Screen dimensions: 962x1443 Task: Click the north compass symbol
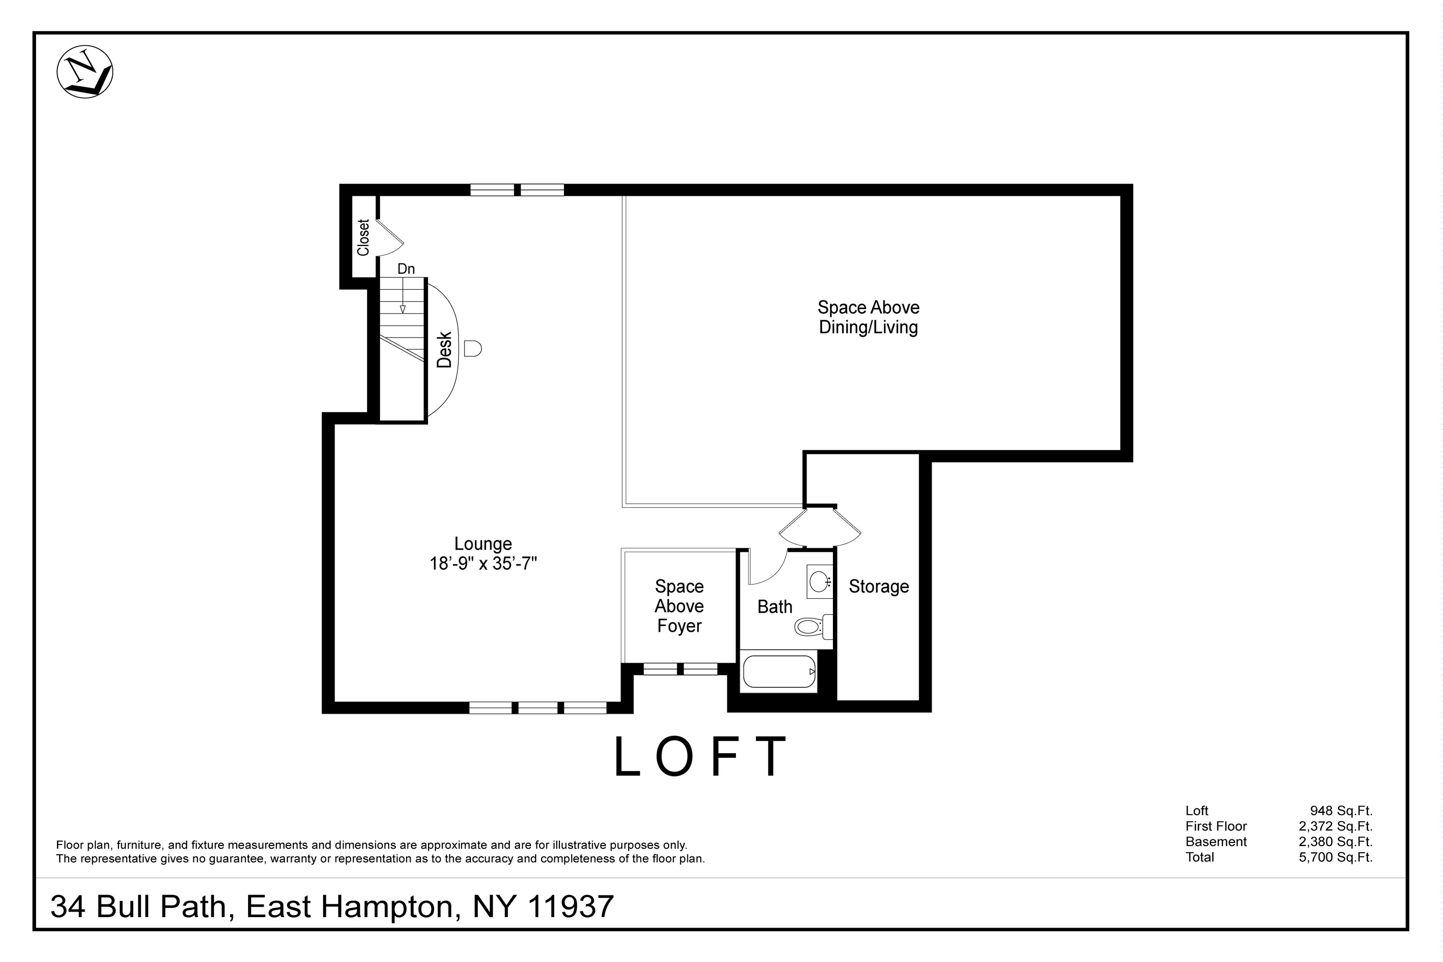(85, 72)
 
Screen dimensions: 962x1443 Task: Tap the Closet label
(363, 238)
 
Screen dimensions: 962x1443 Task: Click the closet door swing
(389, 238)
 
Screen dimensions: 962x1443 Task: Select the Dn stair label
(406, 269)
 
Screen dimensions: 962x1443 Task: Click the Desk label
(444, 350)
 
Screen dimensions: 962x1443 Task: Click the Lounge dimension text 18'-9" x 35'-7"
(483, 563)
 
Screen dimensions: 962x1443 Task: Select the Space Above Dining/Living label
(868, 317)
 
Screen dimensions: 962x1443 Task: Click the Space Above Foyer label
(679, 606)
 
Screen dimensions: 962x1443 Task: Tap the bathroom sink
(819, 580)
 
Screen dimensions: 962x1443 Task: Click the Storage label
(879, 586)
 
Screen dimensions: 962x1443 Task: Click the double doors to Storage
(820, 526)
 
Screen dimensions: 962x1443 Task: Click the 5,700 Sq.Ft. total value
(1336, 857)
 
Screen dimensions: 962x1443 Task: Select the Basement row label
(1216, 842)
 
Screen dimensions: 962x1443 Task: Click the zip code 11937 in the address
(570, 907)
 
